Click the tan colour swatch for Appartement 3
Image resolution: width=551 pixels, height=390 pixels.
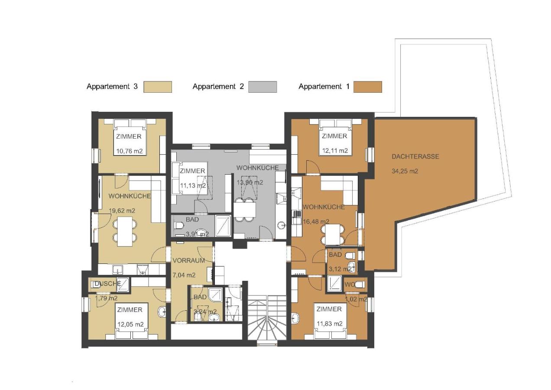[158, 87]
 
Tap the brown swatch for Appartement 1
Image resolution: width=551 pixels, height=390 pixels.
[367, 87]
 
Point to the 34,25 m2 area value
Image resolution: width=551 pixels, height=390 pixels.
[405, 171]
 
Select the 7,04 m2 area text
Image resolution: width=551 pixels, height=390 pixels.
[184, 275]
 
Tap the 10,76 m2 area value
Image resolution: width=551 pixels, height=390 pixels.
[129, 151]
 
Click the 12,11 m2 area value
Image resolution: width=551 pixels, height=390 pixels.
[334, 151]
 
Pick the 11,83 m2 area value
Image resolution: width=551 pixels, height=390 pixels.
[329, 324]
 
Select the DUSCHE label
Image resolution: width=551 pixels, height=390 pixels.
[107, 284]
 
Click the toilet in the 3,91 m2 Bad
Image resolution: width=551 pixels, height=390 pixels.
[179, 227]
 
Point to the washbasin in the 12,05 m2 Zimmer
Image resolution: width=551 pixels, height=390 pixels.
[162, 312]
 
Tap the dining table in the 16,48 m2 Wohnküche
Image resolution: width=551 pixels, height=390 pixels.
[333, 235]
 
